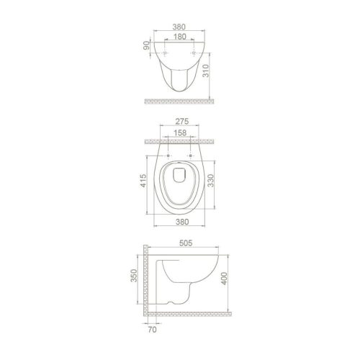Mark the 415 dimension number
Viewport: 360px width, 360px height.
(x=145, y=180)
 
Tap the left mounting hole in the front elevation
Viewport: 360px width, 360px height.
(x=166, y=55)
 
